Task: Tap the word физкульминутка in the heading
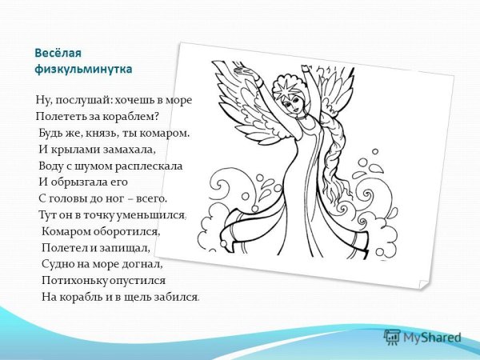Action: click(83, 69)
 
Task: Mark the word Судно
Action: click(58, 264)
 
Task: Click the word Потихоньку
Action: click(76, 281)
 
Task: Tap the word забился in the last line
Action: click(176, 297)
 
